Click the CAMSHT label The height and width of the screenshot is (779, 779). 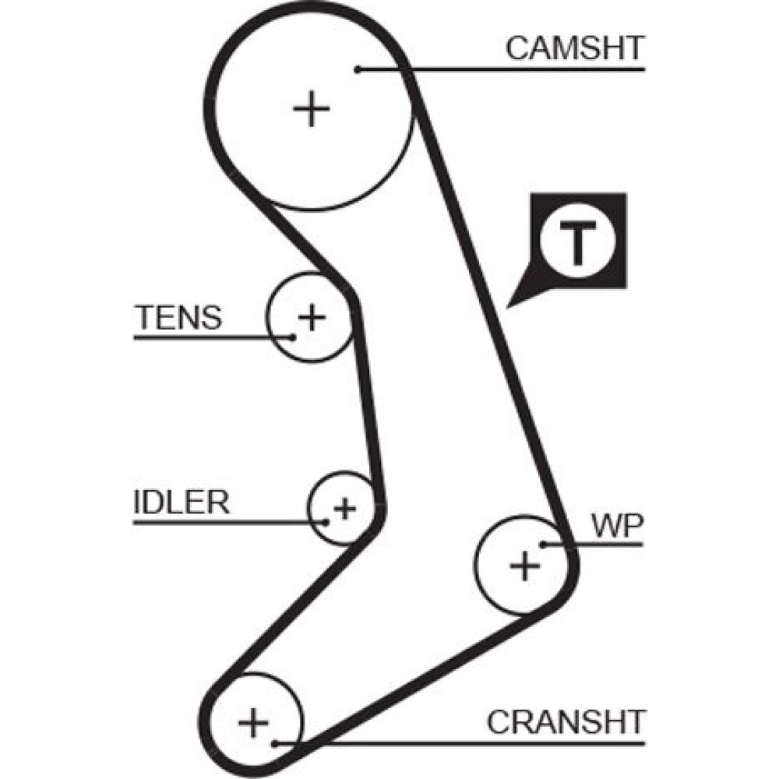coord(575,48)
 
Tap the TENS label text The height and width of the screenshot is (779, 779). coord(178,318)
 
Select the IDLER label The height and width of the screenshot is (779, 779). coord(182,502)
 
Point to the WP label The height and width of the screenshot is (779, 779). coord(616,527)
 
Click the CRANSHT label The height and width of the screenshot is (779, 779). coord(566,722)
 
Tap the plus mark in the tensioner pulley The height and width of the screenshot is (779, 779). coord(312,316)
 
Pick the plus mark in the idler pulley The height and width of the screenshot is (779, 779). coord(344,509)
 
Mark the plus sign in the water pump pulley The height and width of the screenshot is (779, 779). coord(524,565)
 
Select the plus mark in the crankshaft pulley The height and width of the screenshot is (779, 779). coord(253,721)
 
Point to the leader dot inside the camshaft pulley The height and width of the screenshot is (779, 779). coord(357,69)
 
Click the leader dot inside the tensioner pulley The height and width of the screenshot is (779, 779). coord(293,337)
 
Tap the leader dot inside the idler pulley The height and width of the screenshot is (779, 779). coord(327,521)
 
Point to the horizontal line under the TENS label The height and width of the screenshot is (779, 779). coord(210,337)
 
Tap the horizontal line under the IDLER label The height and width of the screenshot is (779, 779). coord(226,521)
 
